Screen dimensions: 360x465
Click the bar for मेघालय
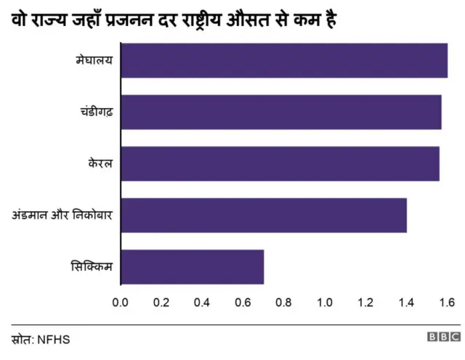[283, 60]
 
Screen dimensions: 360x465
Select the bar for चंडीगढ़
[280, 112]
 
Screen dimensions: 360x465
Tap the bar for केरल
[279, 163]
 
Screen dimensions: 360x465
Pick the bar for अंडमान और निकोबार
[263, 215]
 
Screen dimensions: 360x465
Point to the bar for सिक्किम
[192, 266]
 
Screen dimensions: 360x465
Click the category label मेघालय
[94, 60]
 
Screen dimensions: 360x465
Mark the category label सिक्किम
[92, 266]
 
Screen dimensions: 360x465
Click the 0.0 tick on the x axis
[120, 302]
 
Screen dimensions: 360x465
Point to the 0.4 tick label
[202, 302]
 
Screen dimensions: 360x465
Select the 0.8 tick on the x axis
[283, 302]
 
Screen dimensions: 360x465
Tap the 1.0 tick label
[324, 302]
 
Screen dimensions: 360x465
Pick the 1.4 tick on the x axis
[406, 302]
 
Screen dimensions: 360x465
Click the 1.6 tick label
[447, 302]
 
